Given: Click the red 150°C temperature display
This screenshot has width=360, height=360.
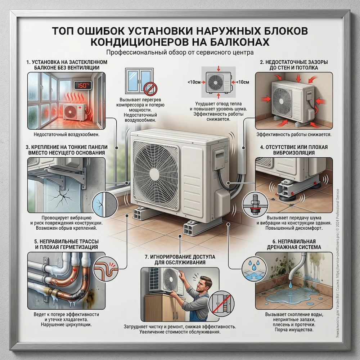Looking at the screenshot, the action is tap(82, 85).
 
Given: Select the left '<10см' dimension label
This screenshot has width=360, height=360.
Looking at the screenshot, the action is tap(194, 82).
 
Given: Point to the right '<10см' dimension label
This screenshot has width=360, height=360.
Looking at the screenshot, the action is tap(242, 82).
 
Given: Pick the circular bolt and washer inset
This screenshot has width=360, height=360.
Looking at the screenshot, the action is tap(255, 204).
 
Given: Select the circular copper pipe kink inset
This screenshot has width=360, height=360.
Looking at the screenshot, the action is tap(105, 269).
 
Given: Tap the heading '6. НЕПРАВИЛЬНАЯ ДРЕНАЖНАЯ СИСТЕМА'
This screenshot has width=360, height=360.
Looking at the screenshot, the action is tap(294, 244).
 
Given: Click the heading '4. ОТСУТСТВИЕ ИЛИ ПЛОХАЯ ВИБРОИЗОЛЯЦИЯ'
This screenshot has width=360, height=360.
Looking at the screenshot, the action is tap(294, 150).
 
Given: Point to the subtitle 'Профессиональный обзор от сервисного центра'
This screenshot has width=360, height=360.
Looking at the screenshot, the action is tap(180, 53).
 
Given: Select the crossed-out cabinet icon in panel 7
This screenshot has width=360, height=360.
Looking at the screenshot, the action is tap(221, 303).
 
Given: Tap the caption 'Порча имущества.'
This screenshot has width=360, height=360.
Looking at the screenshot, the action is tap(294, 330).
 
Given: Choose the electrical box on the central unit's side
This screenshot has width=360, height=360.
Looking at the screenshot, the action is tap(220, 159).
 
